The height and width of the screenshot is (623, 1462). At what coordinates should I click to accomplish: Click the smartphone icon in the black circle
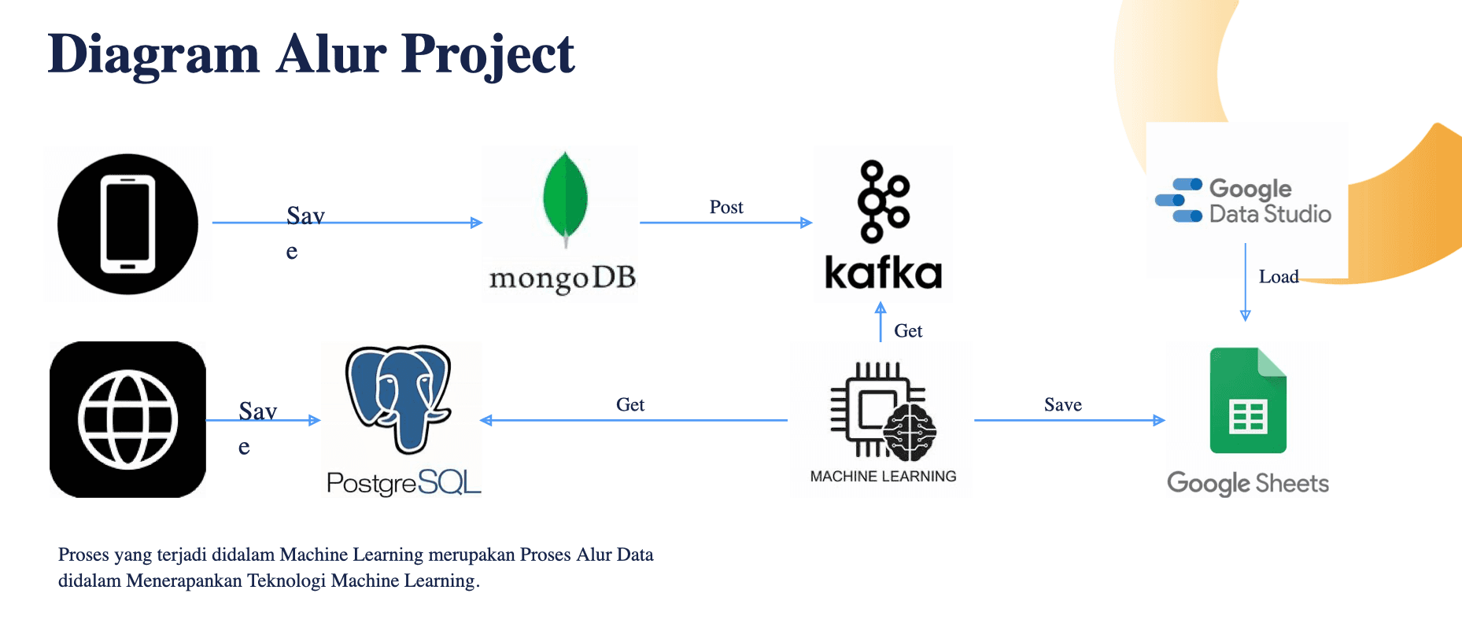coord(127,224)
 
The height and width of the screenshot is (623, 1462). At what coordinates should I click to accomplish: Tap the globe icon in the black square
coord(127,419)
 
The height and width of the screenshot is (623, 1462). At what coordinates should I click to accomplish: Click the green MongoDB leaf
coord(565,197)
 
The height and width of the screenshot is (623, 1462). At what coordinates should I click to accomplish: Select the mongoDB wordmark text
coord(562,278)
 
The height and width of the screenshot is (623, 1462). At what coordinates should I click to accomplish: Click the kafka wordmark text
coord(883,274)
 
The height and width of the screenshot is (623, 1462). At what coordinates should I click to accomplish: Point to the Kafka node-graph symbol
coord(883,201)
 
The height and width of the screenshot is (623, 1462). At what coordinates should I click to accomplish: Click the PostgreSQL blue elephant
coord(400,397)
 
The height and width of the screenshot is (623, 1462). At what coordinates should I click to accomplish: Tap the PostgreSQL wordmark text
coord(403,482)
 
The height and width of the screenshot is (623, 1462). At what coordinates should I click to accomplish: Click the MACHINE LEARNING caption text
coord(883,476)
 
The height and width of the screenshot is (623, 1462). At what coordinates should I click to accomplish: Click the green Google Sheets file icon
coord(1248,401)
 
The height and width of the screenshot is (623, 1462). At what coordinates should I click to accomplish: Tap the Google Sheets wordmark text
coord(1248,483)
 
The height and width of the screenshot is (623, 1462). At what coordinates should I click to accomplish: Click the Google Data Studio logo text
coord(1268,201)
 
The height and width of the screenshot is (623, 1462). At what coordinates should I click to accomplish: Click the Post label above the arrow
coord(726,207)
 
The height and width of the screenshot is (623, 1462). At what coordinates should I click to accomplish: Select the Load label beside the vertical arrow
coord(1279,277)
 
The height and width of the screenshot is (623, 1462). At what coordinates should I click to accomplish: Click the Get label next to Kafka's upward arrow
coord(908,331)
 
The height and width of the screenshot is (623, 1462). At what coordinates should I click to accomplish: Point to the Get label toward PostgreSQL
coord(630,404)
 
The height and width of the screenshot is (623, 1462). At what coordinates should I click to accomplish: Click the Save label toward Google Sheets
coord(1063,404)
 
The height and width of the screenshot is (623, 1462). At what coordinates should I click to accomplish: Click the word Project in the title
coord(488,55)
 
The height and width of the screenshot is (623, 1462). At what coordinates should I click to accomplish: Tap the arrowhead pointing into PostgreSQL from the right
coord(485,420)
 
